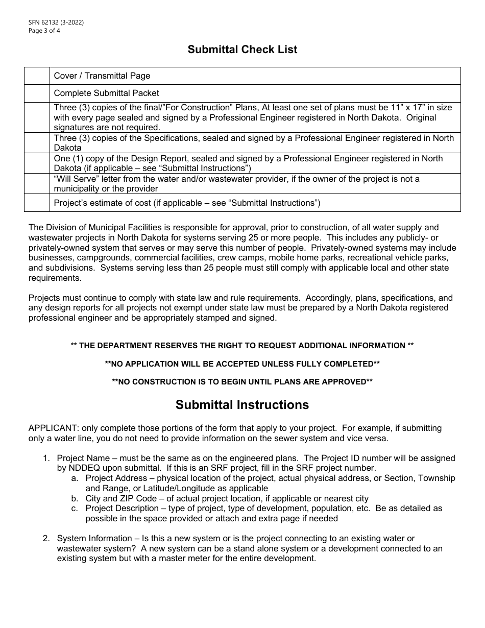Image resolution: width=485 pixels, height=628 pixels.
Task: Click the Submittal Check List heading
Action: point(242,50)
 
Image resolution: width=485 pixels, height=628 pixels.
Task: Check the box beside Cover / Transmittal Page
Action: point(37,76)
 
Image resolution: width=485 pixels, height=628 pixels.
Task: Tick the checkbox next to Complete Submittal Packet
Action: point(37,93)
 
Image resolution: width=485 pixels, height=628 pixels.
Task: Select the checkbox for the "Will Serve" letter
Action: point(37,184)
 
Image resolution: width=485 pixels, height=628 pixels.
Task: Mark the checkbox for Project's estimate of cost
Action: point(37,203)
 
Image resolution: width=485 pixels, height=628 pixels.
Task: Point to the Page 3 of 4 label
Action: point(44,30)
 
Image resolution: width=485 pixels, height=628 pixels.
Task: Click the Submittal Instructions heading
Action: point(242,405)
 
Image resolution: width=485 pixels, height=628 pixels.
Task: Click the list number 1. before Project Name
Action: point(46,458)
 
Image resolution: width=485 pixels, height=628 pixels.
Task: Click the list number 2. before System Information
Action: point(46,538)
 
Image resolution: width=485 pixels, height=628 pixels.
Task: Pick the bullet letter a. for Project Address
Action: point(75,478)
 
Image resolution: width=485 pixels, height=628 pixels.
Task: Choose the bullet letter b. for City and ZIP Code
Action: point(75,498)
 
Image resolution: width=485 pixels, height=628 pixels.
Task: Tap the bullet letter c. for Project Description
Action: point(75,509)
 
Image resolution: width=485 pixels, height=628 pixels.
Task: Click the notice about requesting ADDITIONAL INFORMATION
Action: point(242,346)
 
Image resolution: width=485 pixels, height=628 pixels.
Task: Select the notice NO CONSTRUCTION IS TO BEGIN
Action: point(242,382)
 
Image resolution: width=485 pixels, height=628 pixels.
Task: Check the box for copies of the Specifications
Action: point(37,143)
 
